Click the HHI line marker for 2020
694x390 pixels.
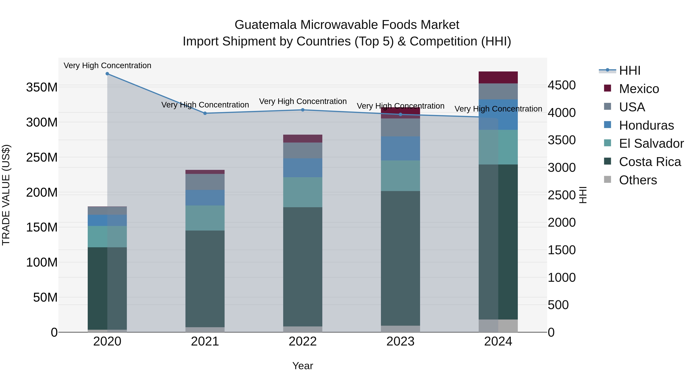tap(107, 74)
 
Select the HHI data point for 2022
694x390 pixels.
tap(302, 110)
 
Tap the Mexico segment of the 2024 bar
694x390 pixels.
tap(498, 77)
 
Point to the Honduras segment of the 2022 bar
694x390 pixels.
tap(302, 168)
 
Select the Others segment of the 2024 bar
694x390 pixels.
tap(498, 326)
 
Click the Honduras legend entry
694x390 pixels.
tap(646, 125)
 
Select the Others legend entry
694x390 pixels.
tap(638, 180)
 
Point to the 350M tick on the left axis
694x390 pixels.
tap(42, 87)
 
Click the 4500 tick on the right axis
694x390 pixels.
tap(562, 85)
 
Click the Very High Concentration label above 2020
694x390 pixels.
tap(107, 65)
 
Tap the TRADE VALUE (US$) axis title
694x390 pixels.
tap(6, 195)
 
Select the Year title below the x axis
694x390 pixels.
tap(302, 366)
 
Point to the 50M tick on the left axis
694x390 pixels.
tap(45, 297)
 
